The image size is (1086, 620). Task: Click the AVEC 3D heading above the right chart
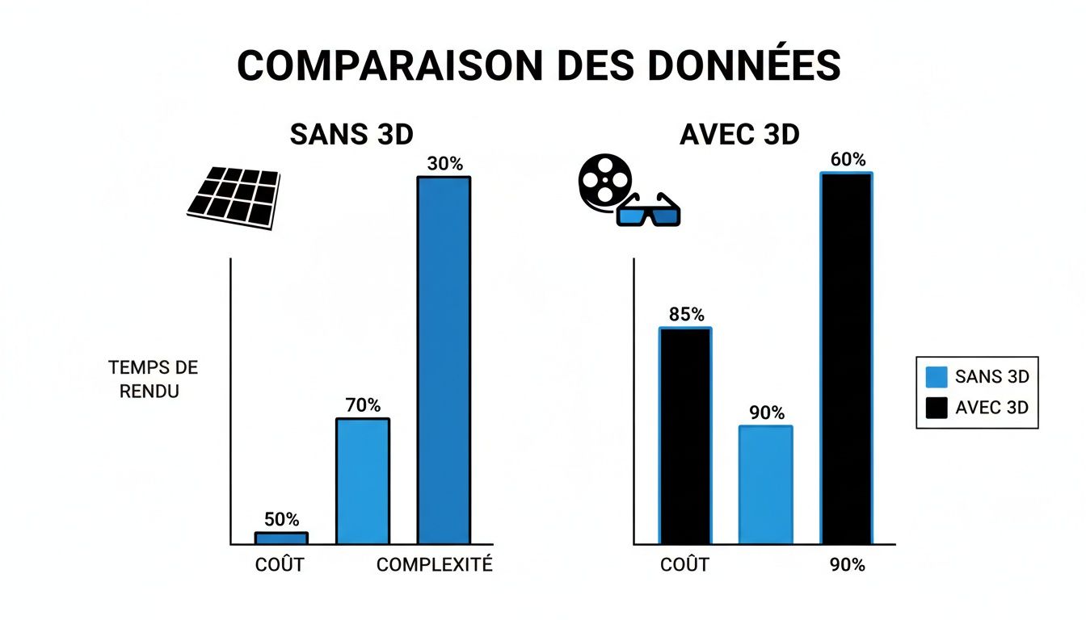click(x=739, y=135)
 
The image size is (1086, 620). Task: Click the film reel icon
click(x=602, y=183)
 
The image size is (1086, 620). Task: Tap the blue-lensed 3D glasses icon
click(x=648, y=212)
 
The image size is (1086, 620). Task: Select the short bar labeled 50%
click(x=281, y=538)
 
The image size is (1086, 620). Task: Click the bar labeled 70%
click(x=363, y=481)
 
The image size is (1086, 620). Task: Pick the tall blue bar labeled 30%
click(x=444, y=359)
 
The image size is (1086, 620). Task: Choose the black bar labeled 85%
click(x=685, y=436)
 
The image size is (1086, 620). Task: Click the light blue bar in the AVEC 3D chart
click(x=766, y=484)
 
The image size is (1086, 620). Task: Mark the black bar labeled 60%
click(x=847, y=358)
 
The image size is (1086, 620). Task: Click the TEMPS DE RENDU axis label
click(x=153, y=379)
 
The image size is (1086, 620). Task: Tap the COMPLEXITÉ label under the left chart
click(x=435, y=565)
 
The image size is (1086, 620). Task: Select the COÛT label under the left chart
click(x=280, y=565)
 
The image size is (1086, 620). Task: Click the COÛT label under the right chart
click(x=684, y=565)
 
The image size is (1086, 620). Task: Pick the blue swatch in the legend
click(x=936, y=377)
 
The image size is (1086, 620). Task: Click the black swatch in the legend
click(x=936, y=408)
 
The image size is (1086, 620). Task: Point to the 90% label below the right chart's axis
click(x=847, y=565)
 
